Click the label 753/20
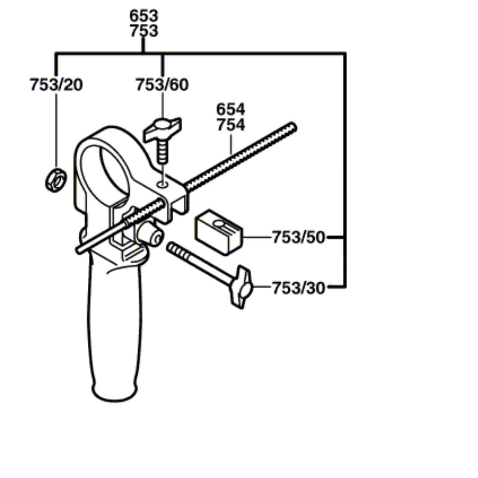(56, 85)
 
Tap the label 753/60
(162, 85)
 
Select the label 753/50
(299, 237)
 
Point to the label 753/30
(299, 288)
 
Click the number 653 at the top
(144, 16)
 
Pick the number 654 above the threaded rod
(231, 109)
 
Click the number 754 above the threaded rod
(231, 125)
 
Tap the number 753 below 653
(144, 31)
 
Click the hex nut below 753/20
(56, 180)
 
